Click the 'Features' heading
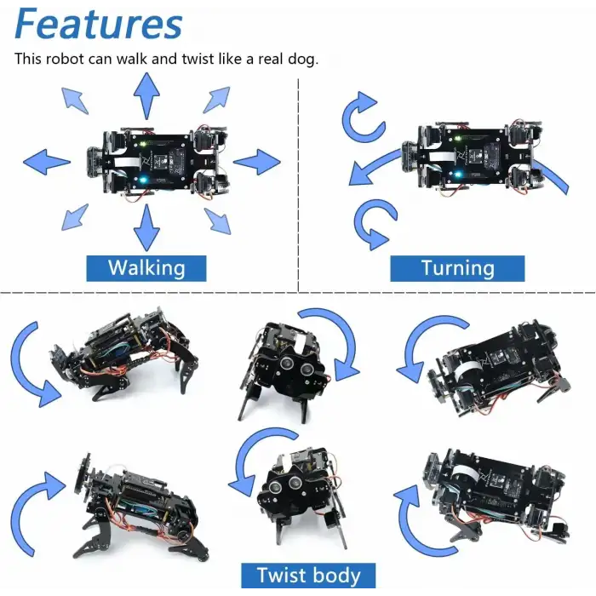pyautogui.click(x=99, y=26)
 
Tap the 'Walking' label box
pyautogui.click(x=146, y=268)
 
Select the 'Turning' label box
pyautogui.click(x=457, y=268)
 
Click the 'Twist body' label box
pyautogui.click(x=308, y=576)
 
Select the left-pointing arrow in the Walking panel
pyautogui.click(x=46, y=161)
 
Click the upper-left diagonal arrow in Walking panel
pyautogui.click(x=75, y=100)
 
